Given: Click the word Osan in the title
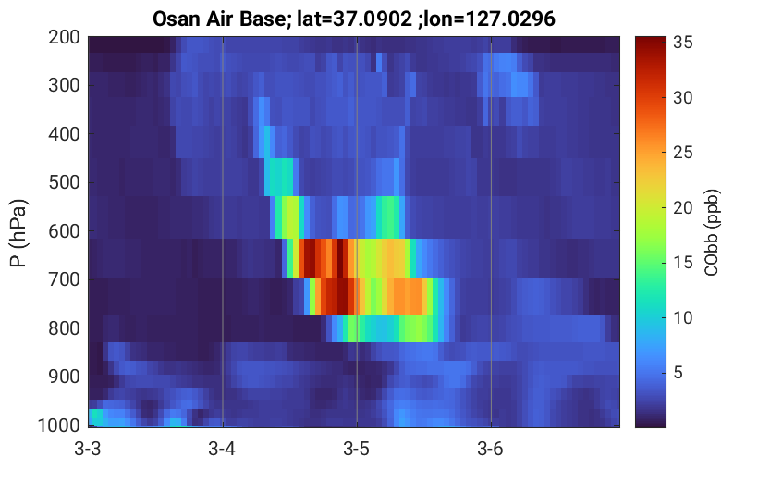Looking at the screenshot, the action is (x=177, y=19).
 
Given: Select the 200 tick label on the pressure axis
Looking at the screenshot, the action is (x=64, y=37).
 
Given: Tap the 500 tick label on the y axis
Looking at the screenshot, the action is (x=64, y=182).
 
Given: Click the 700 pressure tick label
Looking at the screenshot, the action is (x=64, y=279).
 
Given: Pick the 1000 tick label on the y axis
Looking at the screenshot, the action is (x=59, y=425).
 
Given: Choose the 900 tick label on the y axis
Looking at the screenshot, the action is (x=64, y=377).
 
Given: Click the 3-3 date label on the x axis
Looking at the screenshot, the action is (x=88, y=449).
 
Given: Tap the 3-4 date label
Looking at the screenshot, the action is (x=222, y=449).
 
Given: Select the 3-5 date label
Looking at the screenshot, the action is (x=357, y=449).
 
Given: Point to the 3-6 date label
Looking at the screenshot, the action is (x=491, y=449).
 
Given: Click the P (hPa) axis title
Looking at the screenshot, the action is (x=18, y=233).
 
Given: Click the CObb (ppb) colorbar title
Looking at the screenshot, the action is (x=712, y=232).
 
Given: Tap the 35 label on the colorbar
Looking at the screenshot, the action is (x=682, y=43).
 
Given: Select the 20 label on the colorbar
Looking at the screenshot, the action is (x=682, y=208).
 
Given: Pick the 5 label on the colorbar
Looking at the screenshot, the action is (x=678, y=373).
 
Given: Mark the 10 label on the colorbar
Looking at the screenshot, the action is (x=682, y=318).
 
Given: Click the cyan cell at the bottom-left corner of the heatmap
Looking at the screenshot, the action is (x=96, y=417).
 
